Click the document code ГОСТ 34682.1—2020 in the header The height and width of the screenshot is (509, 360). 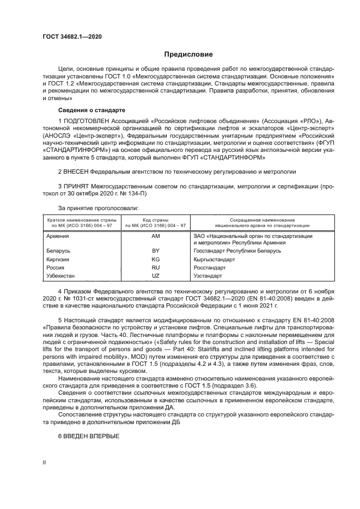pyautogui.click(x=72, y=36)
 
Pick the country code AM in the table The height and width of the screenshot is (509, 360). pyautogui.click(x=155, y=236)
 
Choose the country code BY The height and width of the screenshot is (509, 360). pyautogui.click(x=155, y=251)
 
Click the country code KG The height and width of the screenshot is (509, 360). pyautogui.click(x=155, y=260)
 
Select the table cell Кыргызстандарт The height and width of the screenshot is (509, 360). pyautogui.click(x=214, y=260)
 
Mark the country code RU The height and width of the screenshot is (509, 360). pyautogui.click(x=155, y=268)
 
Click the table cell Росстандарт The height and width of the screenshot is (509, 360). pyautogui.click(x=209, y=268)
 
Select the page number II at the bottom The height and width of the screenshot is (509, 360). pyautogui.click(x=44, y=462)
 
